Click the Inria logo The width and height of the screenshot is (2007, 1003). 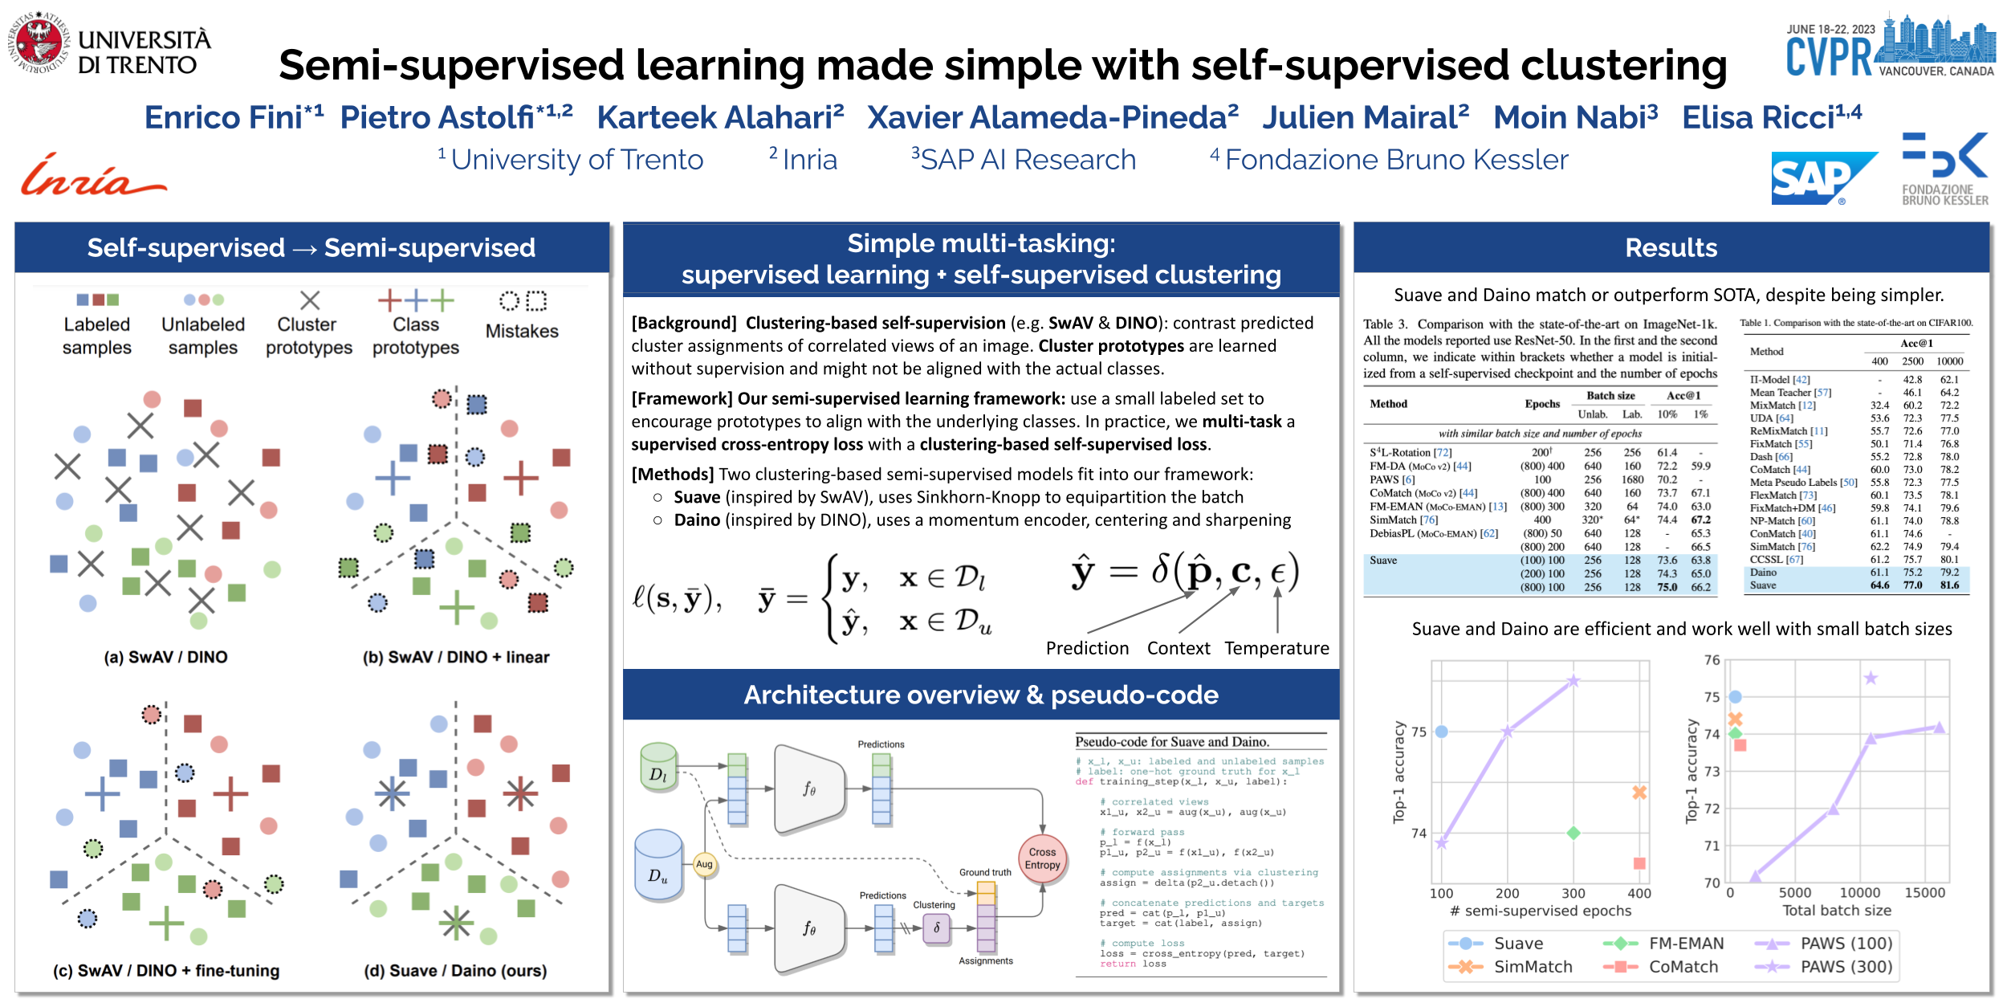92,177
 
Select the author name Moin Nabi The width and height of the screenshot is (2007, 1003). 1575,117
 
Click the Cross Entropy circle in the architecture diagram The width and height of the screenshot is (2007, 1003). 1042,858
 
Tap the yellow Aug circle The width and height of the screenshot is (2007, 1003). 704,864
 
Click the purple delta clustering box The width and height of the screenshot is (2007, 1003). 936,928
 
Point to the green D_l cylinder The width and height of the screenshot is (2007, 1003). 658,767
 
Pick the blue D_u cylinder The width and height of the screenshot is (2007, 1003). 658,864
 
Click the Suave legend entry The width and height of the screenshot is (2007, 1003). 1517,943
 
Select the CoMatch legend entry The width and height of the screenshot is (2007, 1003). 1683,967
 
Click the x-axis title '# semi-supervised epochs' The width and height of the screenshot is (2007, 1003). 1540,911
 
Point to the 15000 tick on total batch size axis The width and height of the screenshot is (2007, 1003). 1924,892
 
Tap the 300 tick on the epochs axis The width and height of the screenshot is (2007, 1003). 1573,893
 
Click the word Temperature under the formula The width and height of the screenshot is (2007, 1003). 1276,648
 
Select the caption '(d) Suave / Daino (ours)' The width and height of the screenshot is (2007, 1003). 455,970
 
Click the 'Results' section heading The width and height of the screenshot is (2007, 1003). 1671,247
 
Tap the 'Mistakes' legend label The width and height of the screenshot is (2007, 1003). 522,331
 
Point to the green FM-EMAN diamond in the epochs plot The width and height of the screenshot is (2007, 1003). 1573,833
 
